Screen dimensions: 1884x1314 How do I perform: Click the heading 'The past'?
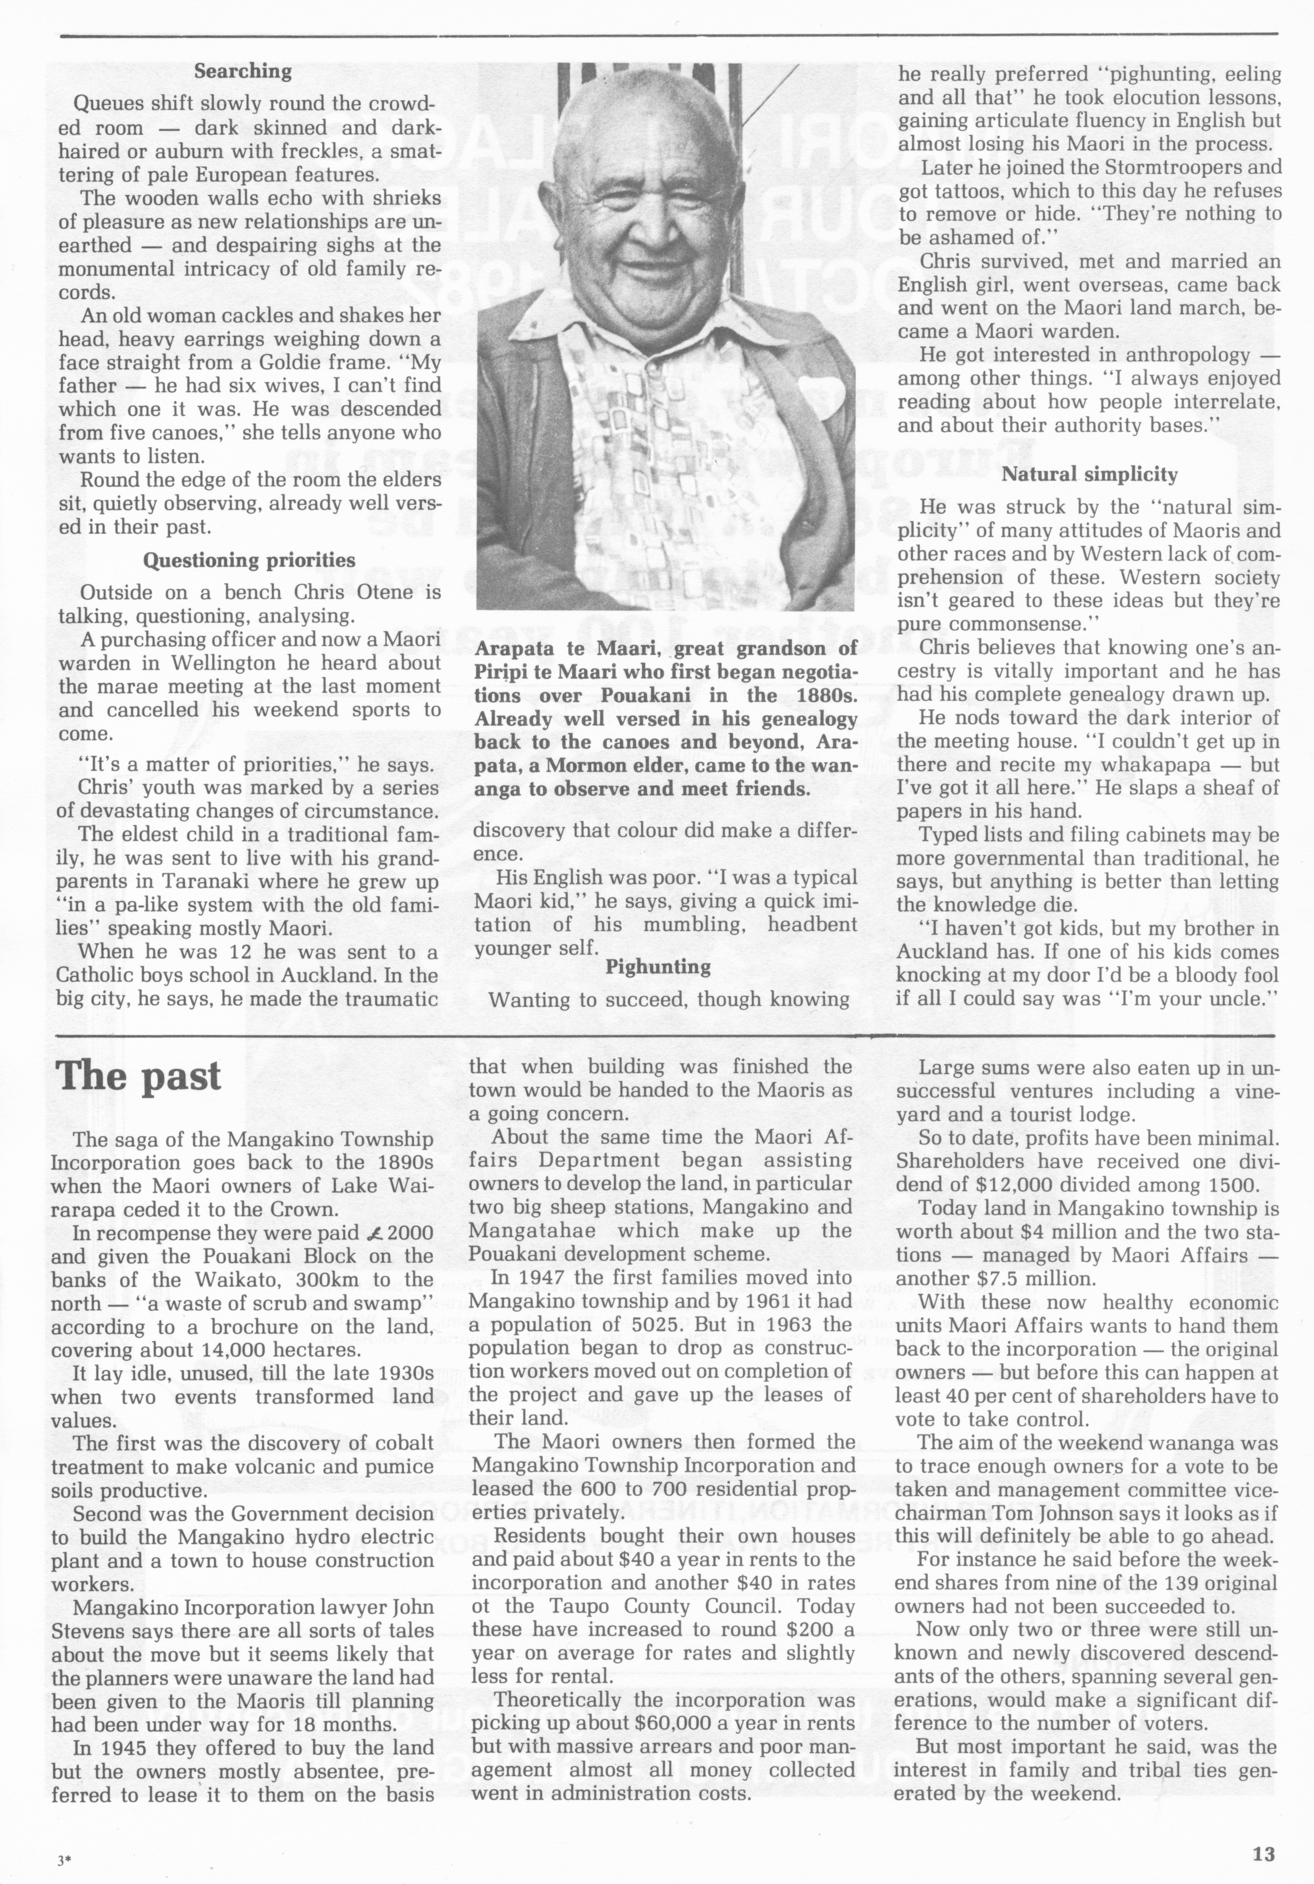(138, 1076)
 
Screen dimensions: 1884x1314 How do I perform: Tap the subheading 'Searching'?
(243, 71)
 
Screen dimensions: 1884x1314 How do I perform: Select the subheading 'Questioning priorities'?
(249, 561)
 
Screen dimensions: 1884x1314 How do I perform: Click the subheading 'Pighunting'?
(659, 967)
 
